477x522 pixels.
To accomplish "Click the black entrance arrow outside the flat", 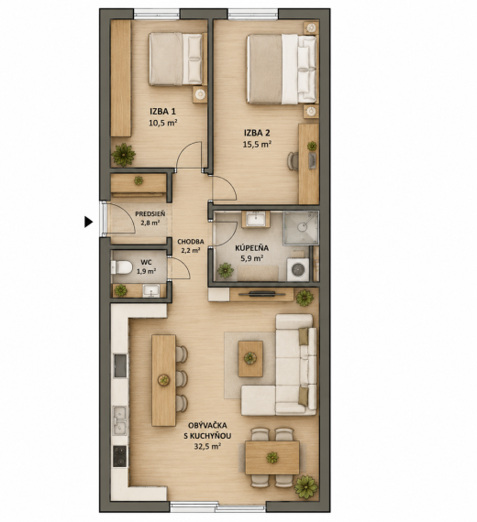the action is [88, 222].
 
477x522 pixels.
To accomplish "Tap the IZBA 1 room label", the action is [162, 111].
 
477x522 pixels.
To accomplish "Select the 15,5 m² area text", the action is [257, 144].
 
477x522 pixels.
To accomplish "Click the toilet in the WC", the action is [121, 267].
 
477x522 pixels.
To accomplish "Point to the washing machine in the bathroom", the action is [298, 269].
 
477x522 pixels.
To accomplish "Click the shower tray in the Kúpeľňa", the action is [301, 228].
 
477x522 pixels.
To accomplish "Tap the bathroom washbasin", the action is [256, 220].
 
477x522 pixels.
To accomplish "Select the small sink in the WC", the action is [151, 290].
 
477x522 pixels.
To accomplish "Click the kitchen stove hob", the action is [120, 456].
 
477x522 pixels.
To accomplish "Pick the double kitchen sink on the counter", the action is [119, 420].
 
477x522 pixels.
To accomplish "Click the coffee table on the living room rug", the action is [250, 359].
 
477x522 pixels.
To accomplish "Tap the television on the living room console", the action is [262, 294].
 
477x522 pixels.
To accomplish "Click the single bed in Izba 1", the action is [175, 59].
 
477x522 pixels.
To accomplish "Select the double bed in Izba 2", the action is [282, 69].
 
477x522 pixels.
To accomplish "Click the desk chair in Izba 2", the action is [293, 161].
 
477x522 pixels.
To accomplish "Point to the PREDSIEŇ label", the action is [150, 214].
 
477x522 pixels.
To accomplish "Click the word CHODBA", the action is [191, 242].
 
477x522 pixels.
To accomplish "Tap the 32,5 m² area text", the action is [207, 446].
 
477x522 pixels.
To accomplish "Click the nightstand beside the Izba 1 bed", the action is [200, 94].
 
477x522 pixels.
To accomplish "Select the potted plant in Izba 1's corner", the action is [124, 155].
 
